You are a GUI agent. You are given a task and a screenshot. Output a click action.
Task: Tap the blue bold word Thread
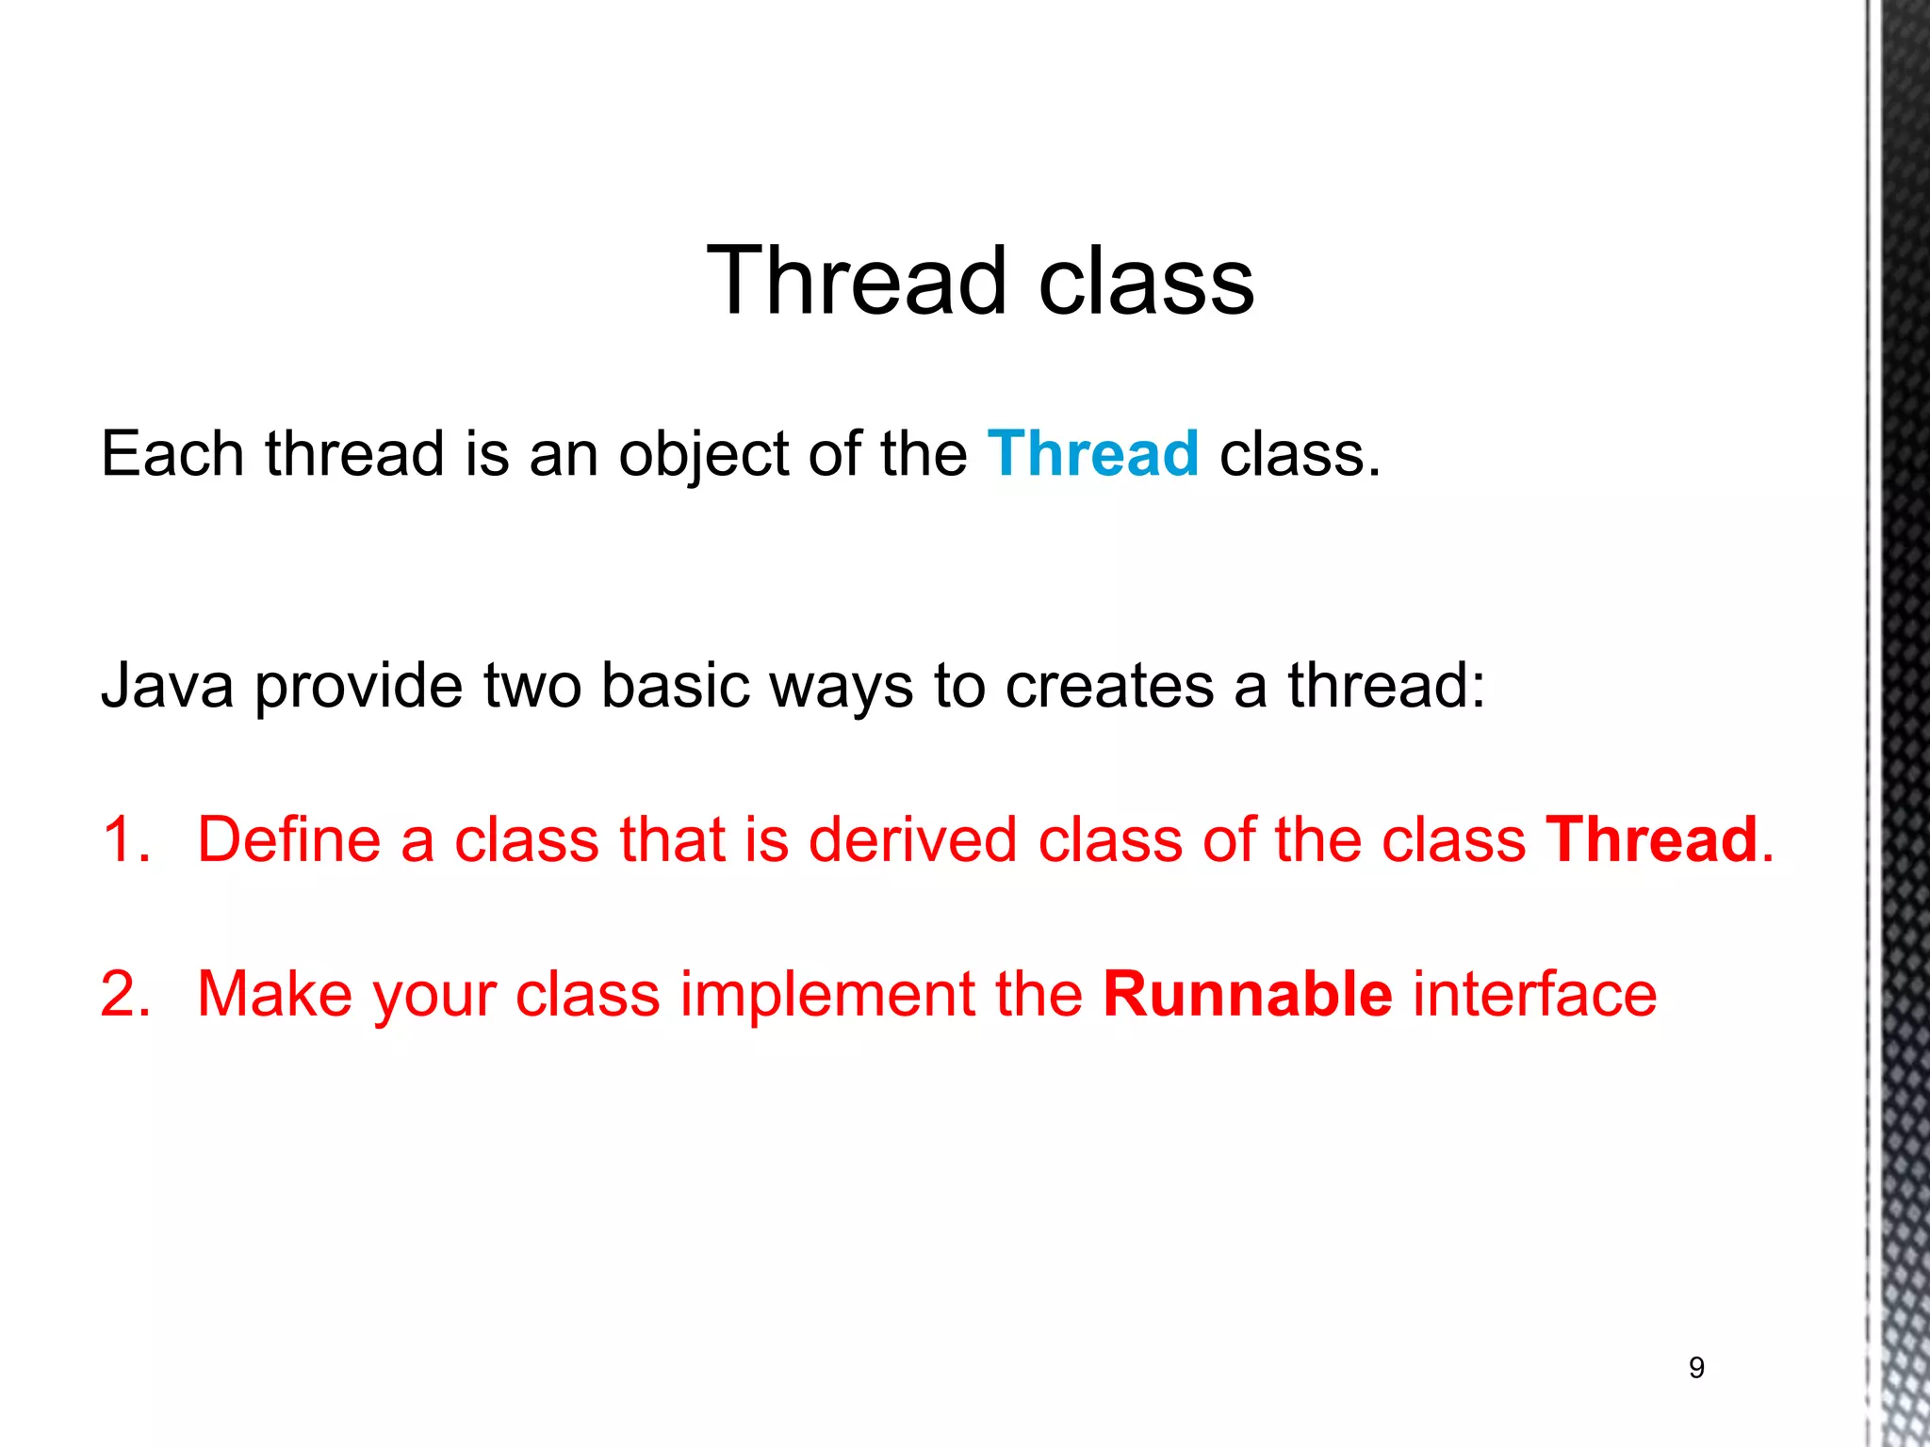point(1093,454)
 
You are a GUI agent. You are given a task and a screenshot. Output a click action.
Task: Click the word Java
point(167,685)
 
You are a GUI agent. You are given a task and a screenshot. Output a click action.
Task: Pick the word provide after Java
point(358,687)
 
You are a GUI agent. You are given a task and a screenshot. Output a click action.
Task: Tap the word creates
point(1108,687)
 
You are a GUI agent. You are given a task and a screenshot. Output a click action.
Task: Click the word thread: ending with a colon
point(1386,685)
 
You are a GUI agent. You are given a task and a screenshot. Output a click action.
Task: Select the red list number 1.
point(125,839)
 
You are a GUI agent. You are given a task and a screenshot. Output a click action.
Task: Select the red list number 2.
point(125,994)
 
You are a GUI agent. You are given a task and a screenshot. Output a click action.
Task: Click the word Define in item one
point(287,839)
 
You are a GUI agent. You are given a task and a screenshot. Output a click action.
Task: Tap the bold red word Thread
point(1651,839)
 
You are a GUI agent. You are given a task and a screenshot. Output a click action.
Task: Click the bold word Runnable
point(1247,994)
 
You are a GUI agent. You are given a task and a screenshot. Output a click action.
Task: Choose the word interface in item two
point(1534,994)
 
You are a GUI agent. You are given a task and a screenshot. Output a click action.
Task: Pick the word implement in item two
point(827,996)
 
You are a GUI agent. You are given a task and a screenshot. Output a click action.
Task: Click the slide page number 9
point(1696,1367)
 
